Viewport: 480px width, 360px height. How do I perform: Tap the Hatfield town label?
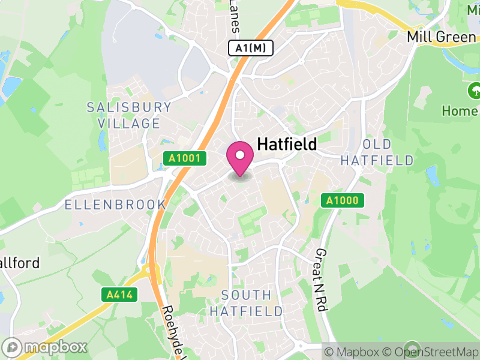[x=287, y=145]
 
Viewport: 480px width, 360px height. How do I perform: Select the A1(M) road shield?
[x=251, y=48]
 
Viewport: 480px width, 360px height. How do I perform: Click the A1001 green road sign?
[x=185, y=158]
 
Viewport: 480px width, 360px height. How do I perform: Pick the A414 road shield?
[x=120, y=295]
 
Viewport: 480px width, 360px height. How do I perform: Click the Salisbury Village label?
[x=129, y=116]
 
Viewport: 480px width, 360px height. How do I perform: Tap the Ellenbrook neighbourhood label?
[x=115, y=205]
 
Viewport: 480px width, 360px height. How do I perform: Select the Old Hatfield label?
[x=377, y=152]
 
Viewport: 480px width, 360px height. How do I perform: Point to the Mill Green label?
[x=441, y=37]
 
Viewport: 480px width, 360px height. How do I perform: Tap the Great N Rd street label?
[x=320, y=280]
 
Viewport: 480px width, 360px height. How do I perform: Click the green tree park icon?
[x=475, y=91]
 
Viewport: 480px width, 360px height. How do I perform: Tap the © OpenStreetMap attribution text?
[x=432, y=352]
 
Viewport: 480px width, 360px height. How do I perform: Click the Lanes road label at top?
[x=235, y=16]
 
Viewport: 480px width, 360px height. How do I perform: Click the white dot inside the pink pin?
[x=240, y=155]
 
